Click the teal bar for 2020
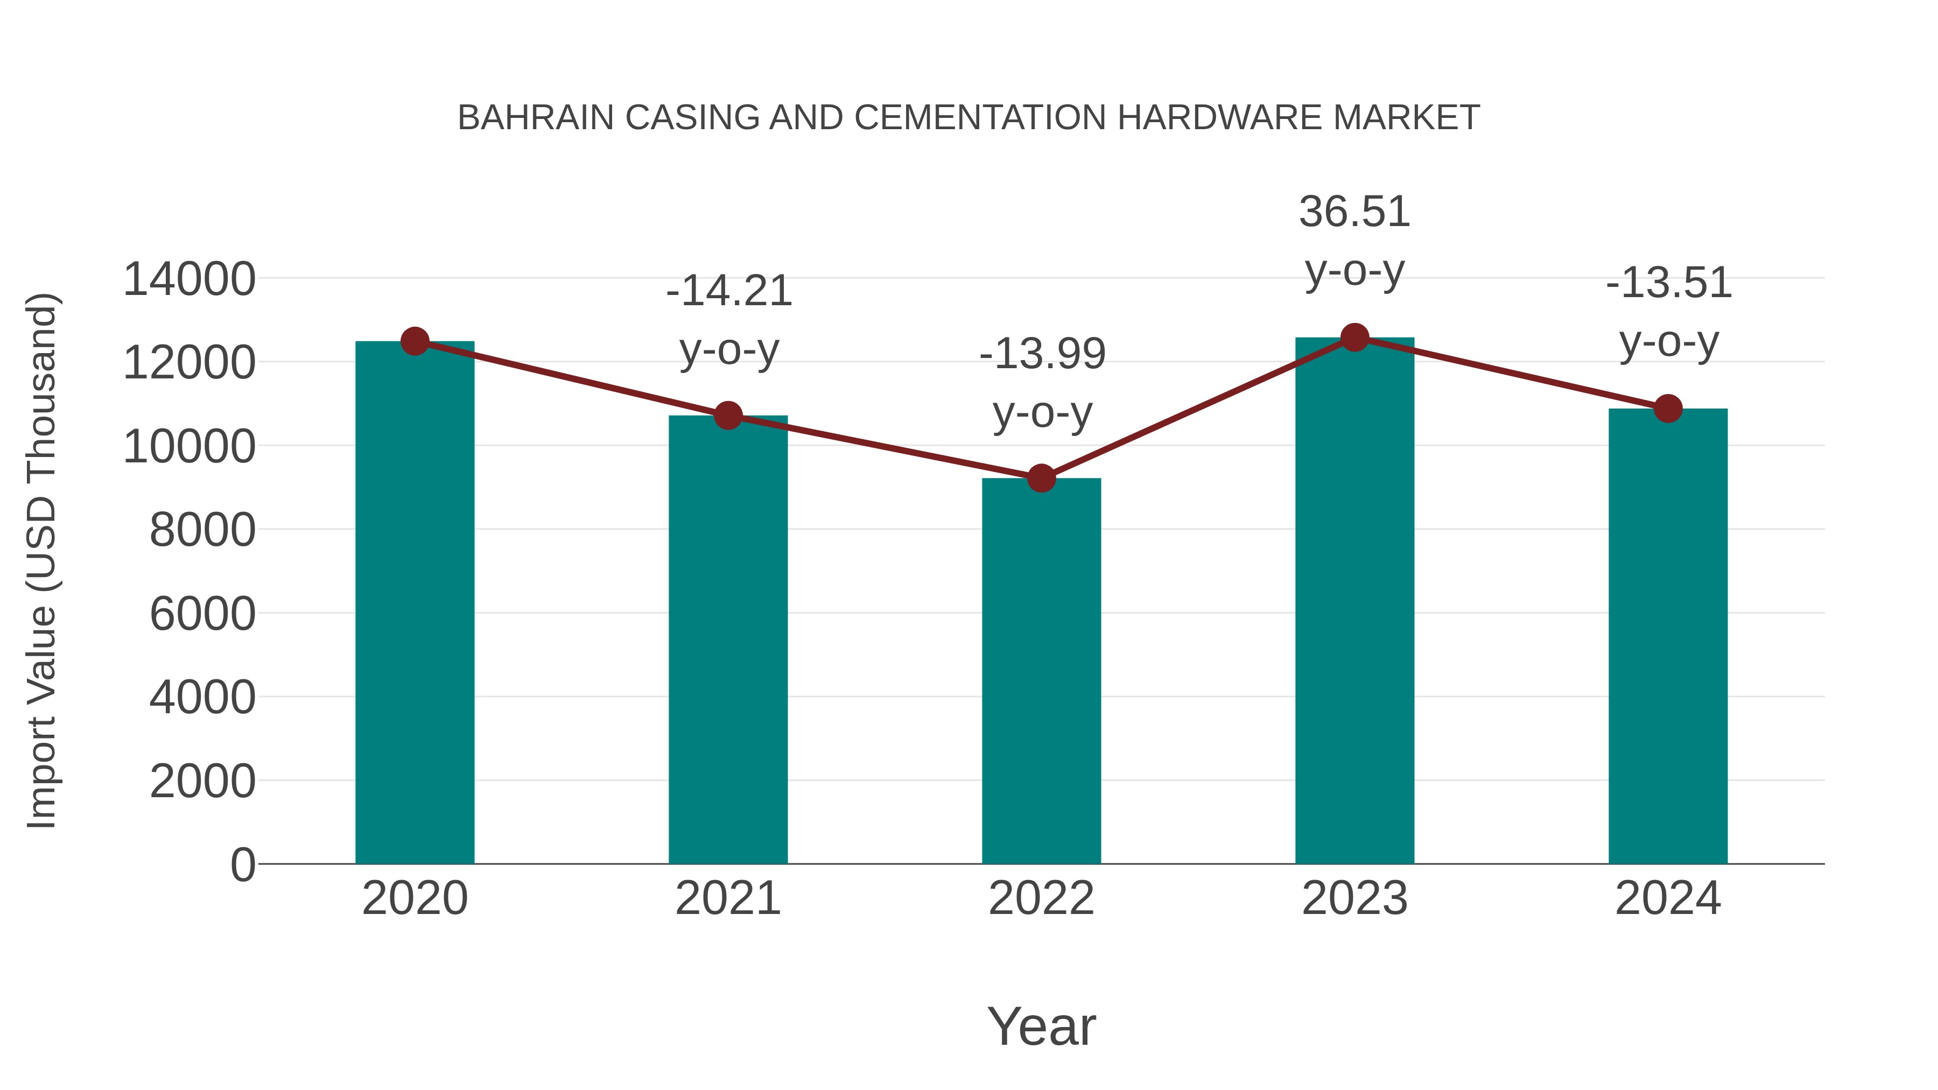(x=415, y=602)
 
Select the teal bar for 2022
(x=1041, y=670)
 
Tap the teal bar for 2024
(x=1668, y=636)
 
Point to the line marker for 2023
(x=1354, y=337)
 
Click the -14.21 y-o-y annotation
(x=729, y=320)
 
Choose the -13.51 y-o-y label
(x=1669, y=312)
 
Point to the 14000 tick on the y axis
(x=189, y=280)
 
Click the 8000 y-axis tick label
(x=202, y=530)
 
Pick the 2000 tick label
(x=202, y=782)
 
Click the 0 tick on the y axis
(x=242, y=865)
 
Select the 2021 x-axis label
(x=728, y=898)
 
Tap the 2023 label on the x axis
(x=1354, y=898)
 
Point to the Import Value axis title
(x=42, y=560)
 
